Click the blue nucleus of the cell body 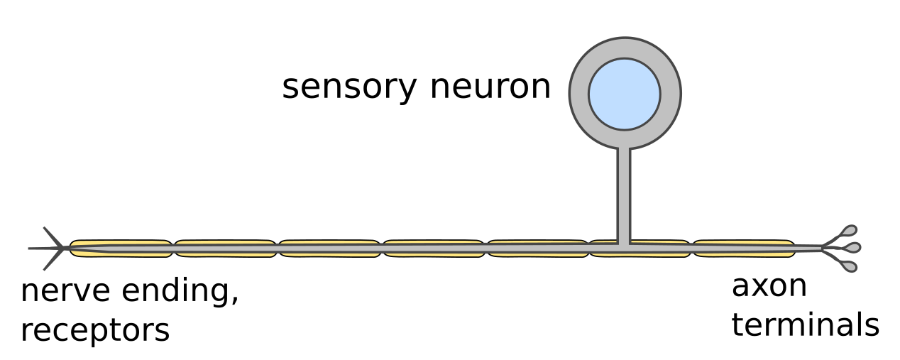625,93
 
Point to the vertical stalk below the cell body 624,192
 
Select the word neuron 490,87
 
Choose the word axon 769,286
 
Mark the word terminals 805,324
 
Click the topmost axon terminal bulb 849,231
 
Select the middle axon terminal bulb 852,247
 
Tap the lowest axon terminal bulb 849,266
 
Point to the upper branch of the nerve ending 52,235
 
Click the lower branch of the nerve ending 52,261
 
